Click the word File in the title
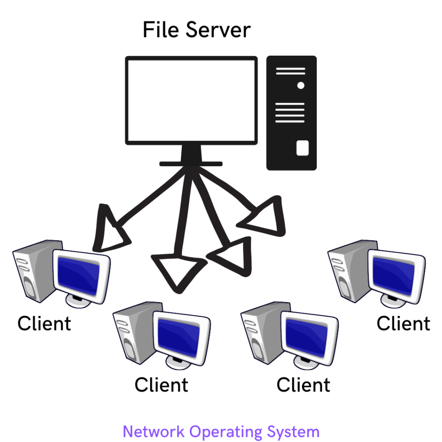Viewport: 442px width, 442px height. click(161, 30)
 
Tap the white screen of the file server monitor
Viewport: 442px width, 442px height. click(191, 100)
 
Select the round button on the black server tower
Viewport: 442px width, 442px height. click(300, 85)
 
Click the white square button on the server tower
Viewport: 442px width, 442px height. click(302, 148)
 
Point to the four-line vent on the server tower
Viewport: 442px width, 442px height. click(290, 112)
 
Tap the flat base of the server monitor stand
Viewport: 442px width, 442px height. click(191, 164)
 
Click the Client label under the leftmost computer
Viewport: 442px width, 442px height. click(44, 324)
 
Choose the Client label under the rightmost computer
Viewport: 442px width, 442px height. click(403, 324)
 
